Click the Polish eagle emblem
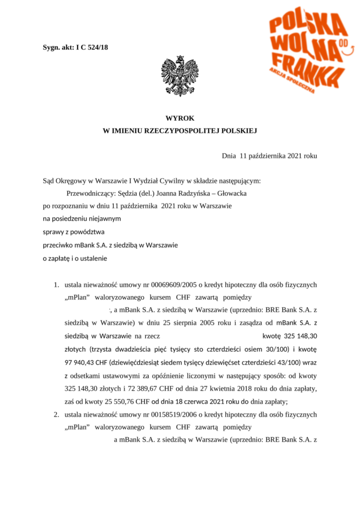180,76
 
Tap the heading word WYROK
180,118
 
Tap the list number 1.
56,285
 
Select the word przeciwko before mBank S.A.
57,245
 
